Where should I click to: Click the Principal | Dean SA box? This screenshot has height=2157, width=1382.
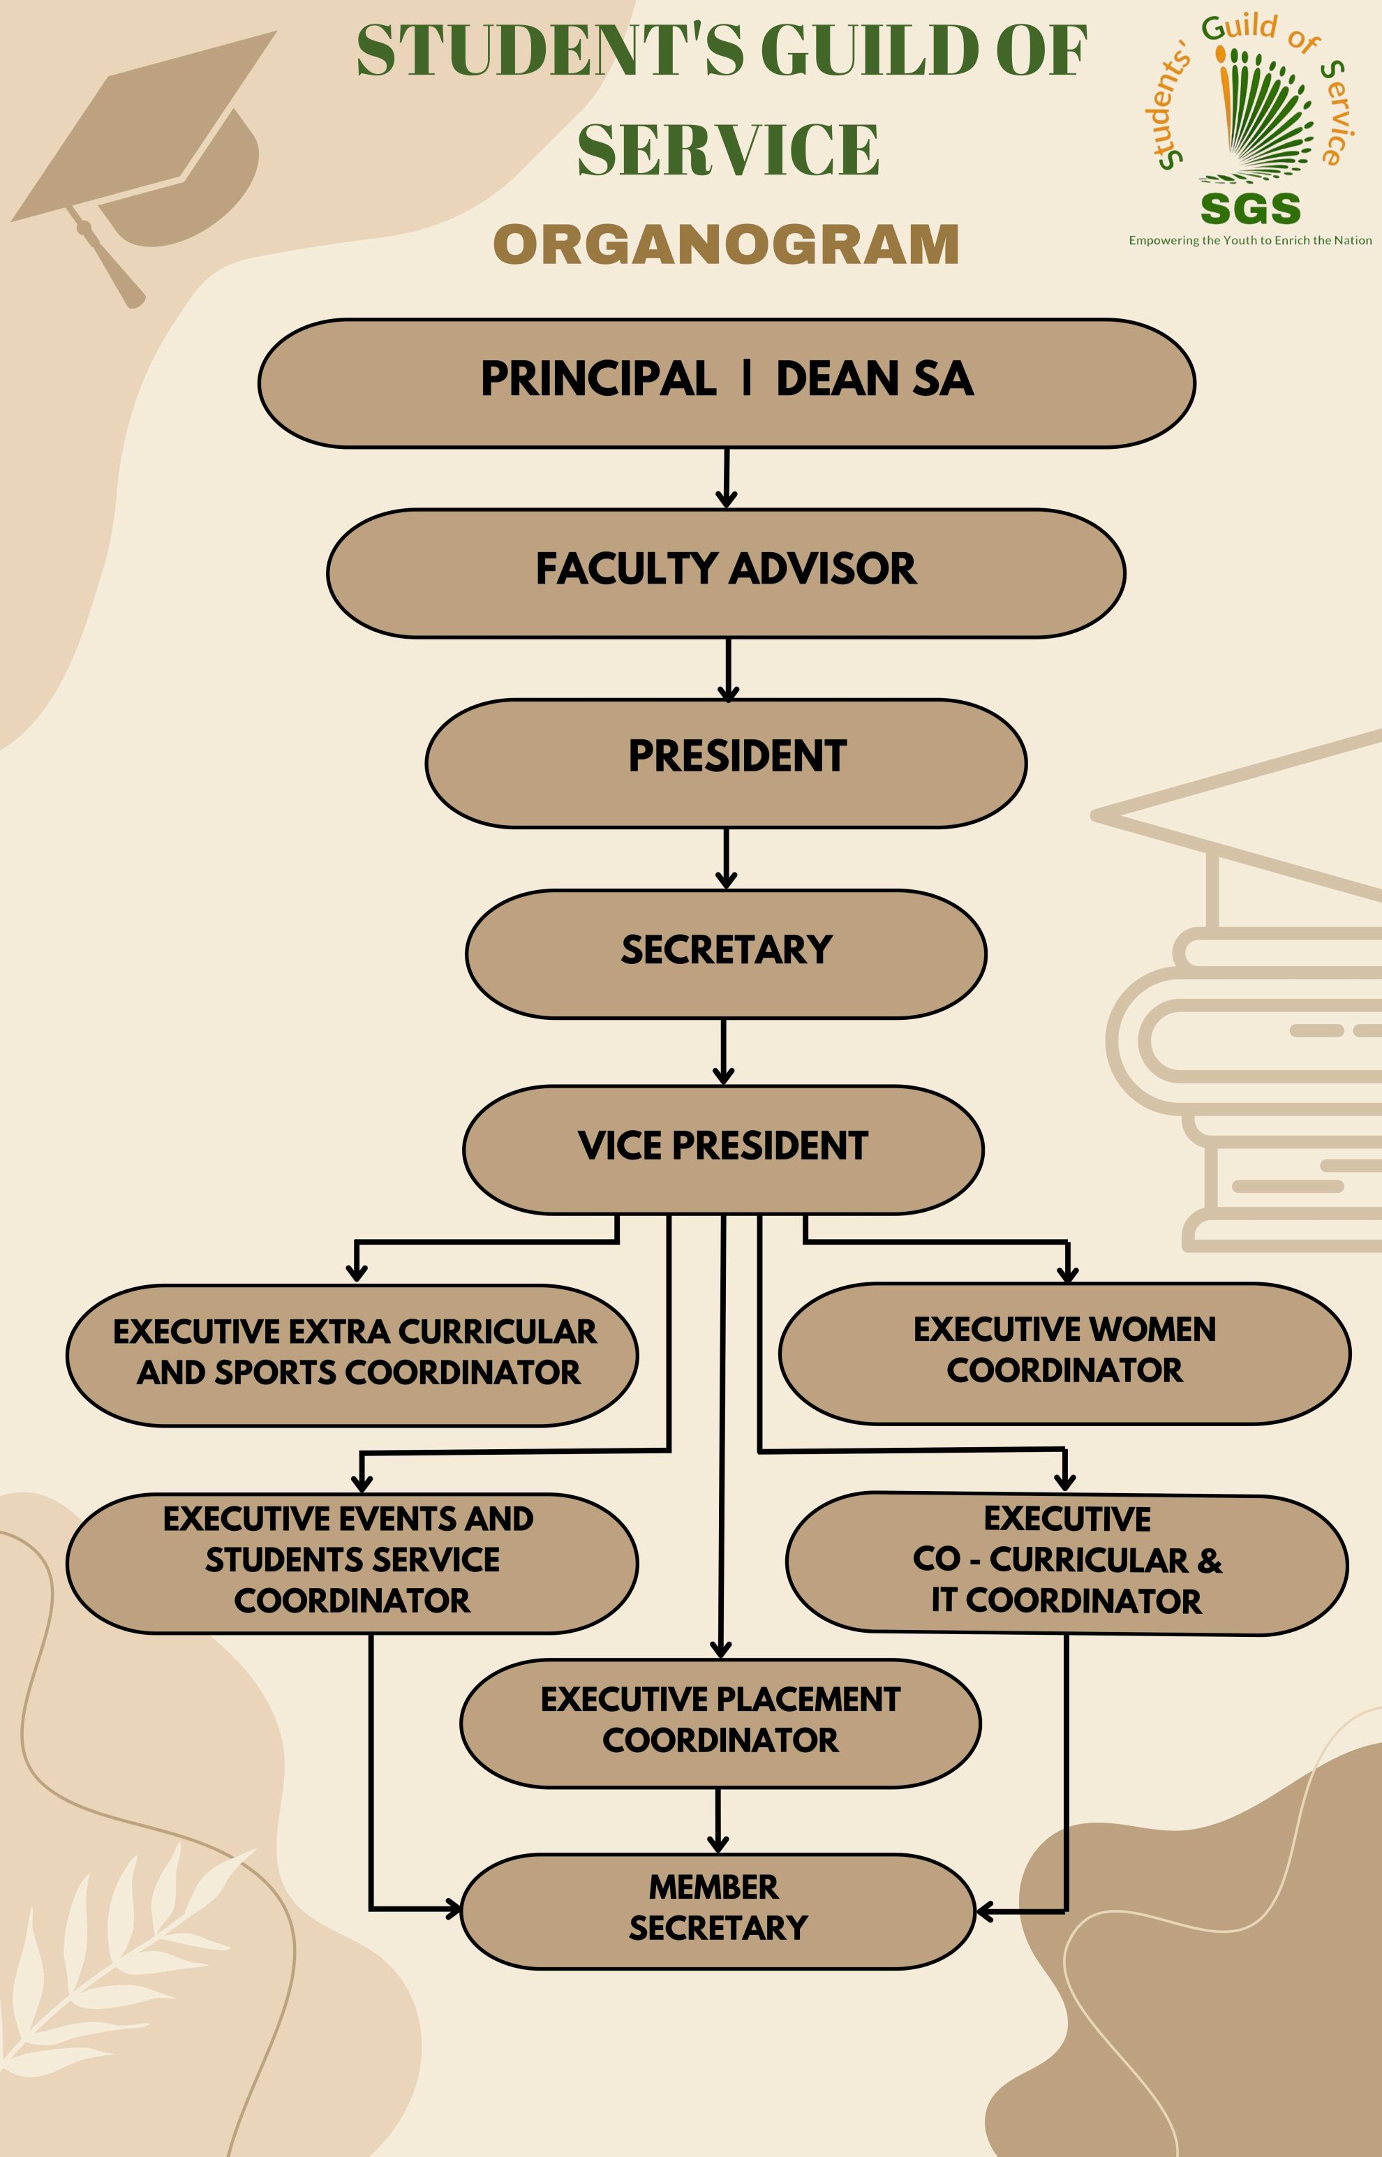[x=726, y=383]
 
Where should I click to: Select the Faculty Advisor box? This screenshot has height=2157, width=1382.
[x=726, y=572]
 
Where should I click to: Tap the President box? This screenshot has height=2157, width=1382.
[x=726, y=763]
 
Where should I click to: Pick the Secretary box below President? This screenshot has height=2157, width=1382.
[x=726, y=953]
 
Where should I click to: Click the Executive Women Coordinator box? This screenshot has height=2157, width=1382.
[x=1064, y=1353]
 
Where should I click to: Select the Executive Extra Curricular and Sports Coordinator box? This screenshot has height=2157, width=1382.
[x=352, y=1355]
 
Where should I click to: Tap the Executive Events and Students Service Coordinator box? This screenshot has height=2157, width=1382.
[x=352, y=1563]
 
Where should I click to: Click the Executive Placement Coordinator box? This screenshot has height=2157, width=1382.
[x=720, y=1723]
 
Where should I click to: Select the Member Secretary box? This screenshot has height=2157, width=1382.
[x=718, y=1911]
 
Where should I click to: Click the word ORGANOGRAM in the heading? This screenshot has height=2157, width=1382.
[x=726, y=244]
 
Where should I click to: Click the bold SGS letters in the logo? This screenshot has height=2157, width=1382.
[x=1250, y=209]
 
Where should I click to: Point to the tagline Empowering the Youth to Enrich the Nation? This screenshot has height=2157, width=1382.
[x=1250, y=240]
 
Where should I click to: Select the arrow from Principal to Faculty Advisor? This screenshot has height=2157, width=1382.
[x=727, y=478]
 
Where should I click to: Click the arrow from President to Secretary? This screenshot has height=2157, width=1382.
[x=727, y=859]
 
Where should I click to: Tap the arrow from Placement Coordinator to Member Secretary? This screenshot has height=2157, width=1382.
[x=718, y=1820]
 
